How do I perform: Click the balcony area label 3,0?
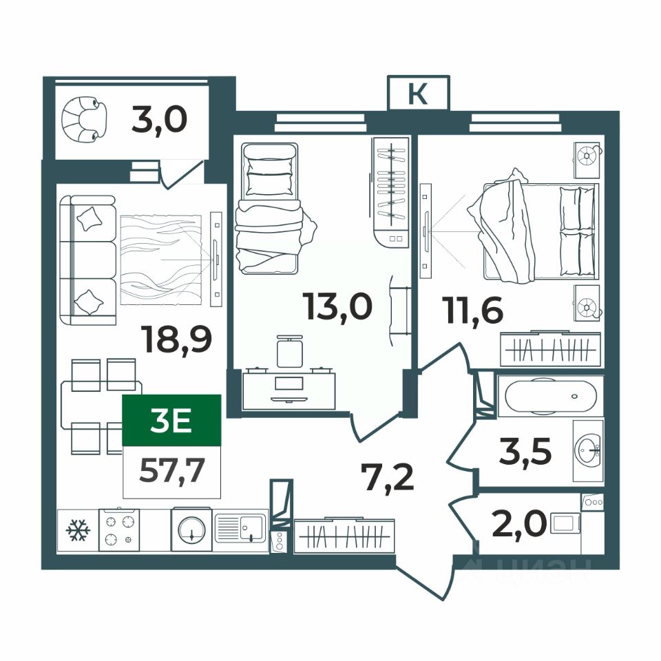point(159,120)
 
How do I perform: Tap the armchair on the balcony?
point(84,119)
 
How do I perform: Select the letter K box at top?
point(418,93)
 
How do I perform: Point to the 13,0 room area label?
point(337,306)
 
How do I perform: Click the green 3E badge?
point(171,420)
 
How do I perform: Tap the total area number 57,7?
point(172,470)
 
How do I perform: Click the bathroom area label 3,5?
point(525,451)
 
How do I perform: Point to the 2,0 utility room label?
point(519,523)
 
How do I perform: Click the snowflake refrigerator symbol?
point(78,530)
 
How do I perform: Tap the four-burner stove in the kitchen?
point(119,530)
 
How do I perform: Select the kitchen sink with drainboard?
point(240,528)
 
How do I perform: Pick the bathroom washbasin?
point(589,450)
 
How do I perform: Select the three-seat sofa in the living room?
point(87,260)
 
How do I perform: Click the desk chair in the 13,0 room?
point(290,350)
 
